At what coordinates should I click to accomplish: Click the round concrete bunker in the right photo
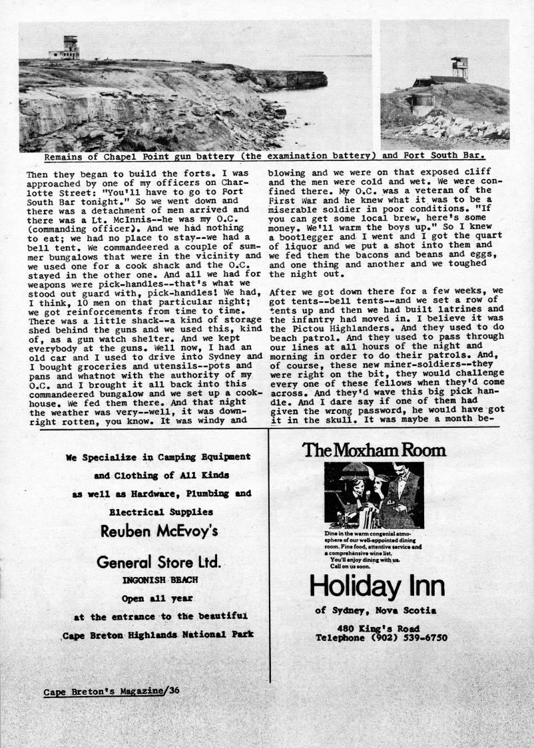pyautogui.click(x=421, y=102)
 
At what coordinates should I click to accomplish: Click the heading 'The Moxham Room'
pyautogui.click(x=374, y=450)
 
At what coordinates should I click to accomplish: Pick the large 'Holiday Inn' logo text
pyautogui.click(x=377, y=586)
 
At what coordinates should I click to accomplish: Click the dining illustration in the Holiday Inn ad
pyautogui.click(x=374, y=496)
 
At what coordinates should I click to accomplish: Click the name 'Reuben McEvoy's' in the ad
pyautogui.click(x=158, y=531)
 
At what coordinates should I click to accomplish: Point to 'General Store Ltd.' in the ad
pyautogui.click(x=158, y=562)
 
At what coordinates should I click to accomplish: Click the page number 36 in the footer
pyautogui.click(x=174, y=690)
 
